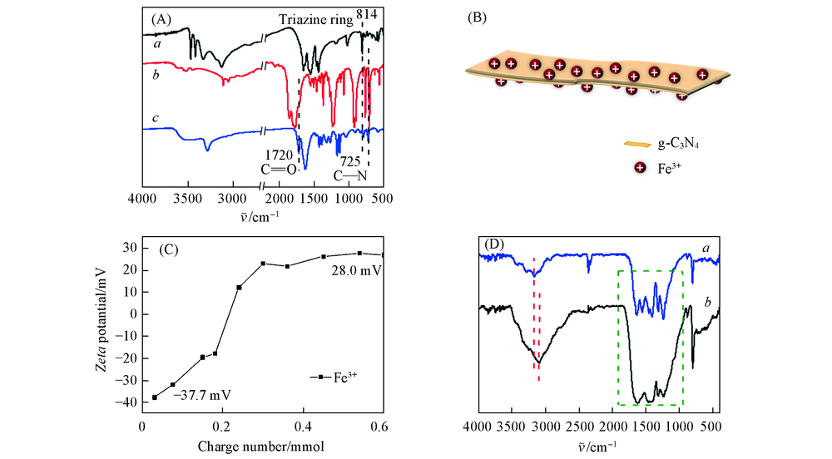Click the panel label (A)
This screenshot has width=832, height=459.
[x=161, y=17]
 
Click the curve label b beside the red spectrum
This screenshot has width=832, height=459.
[x=156, y=76]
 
